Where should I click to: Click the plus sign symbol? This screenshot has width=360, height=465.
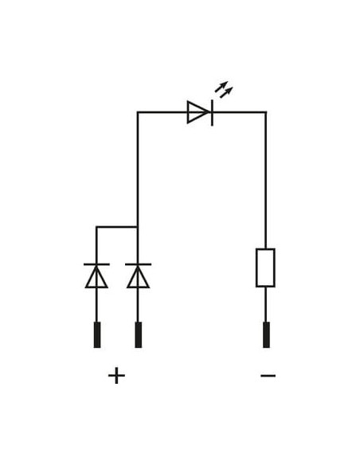click(116, 376)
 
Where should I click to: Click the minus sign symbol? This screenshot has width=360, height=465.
click(268, 376)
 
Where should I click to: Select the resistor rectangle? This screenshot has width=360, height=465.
click(265, 268)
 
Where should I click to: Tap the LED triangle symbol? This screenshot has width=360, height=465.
click(198, 112)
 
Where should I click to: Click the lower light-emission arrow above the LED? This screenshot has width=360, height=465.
click(226, 92)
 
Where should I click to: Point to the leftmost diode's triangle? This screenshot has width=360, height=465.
click(96, 277)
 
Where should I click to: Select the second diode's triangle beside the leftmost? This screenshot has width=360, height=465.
click(138, 277)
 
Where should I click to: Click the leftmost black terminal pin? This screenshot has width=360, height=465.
click(97, 334)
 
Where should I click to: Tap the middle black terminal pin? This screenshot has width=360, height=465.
click(139, 334)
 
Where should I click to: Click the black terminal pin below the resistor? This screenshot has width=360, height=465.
click(266, 334)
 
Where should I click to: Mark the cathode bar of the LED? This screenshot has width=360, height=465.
click(212, 113)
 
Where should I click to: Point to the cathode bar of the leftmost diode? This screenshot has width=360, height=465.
click(96, 264)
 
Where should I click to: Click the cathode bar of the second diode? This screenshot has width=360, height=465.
click(139, 264)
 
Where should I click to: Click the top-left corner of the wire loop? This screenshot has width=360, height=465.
click(138, 112)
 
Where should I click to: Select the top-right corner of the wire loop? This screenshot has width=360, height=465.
click(266, 112)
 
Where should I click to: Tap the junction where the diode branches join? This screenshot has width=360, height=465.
click(138, 227)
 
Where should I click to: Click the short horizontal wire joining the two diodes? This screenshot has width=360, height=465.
click(117, 227)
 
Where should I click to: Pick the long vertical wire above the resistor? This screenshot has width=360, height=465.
click(266, 180)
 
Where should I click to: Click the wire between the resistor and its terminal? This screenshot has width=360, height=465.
click(266, 304)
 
